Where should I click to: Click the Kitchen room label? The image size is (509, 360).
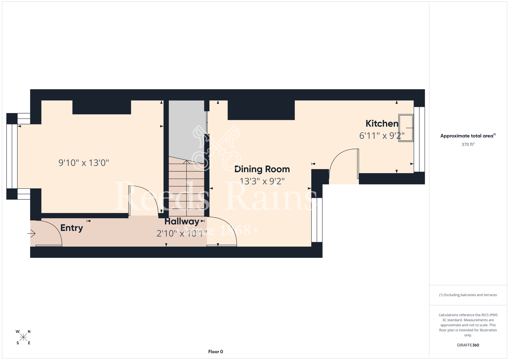pyautogui.click(x=382, y=123)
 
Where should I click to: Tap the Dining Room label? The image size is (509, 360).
pyautogui.click(x=262, y=169)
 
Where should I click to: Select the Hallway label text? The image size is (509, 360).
pyautogui.click(x=182, y=221)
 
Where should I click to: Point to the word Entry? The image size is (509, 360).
pyautogui.click(x=72, y=228)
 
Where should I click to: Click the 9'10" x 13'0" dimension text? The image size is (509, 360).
pyautogui.click(x=84, y=163)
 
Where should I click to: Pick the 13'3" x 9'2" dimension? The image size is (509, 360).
pyautogui.click(x=262, y=181)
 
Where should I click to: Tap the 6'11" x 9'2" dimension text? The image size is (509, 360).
pyautogui.click(x=382, y=136)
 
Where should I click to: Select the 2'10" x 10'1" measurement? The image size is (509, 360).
pyautogui.click(x=181, y=233)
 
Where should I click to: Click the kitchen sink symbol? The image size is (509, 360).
pyautogui.click(x=406, y=128)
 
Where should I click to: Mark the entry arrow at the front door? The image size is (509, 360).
pyautogui.click(x=31, y=233)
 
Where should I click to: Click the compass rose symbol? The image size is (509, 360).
pyautogui.click(x=23, y=337)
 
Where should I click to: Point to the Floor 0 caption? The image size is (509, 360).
pyautogui.click(x=216, y=352)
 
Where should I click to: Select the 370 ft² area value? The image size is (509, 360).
pyautogui.click(x=468, y=144)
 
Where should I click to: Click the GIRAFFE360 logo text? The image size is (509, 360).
pyautogui.click(x=468, y=345)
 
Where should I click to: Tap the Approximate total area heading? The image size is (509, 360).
pyautogui.click(x=468, y=136)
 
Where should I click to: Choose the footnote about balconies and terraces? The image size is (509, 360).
pyautogui.click(x=468, y=295)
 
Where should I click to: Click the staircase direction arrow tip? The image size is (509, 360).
pyautogui.click(x=187, y=160)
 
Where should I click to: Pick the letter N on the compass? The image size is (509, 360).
pyautogui.click(x=29, y=331)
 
